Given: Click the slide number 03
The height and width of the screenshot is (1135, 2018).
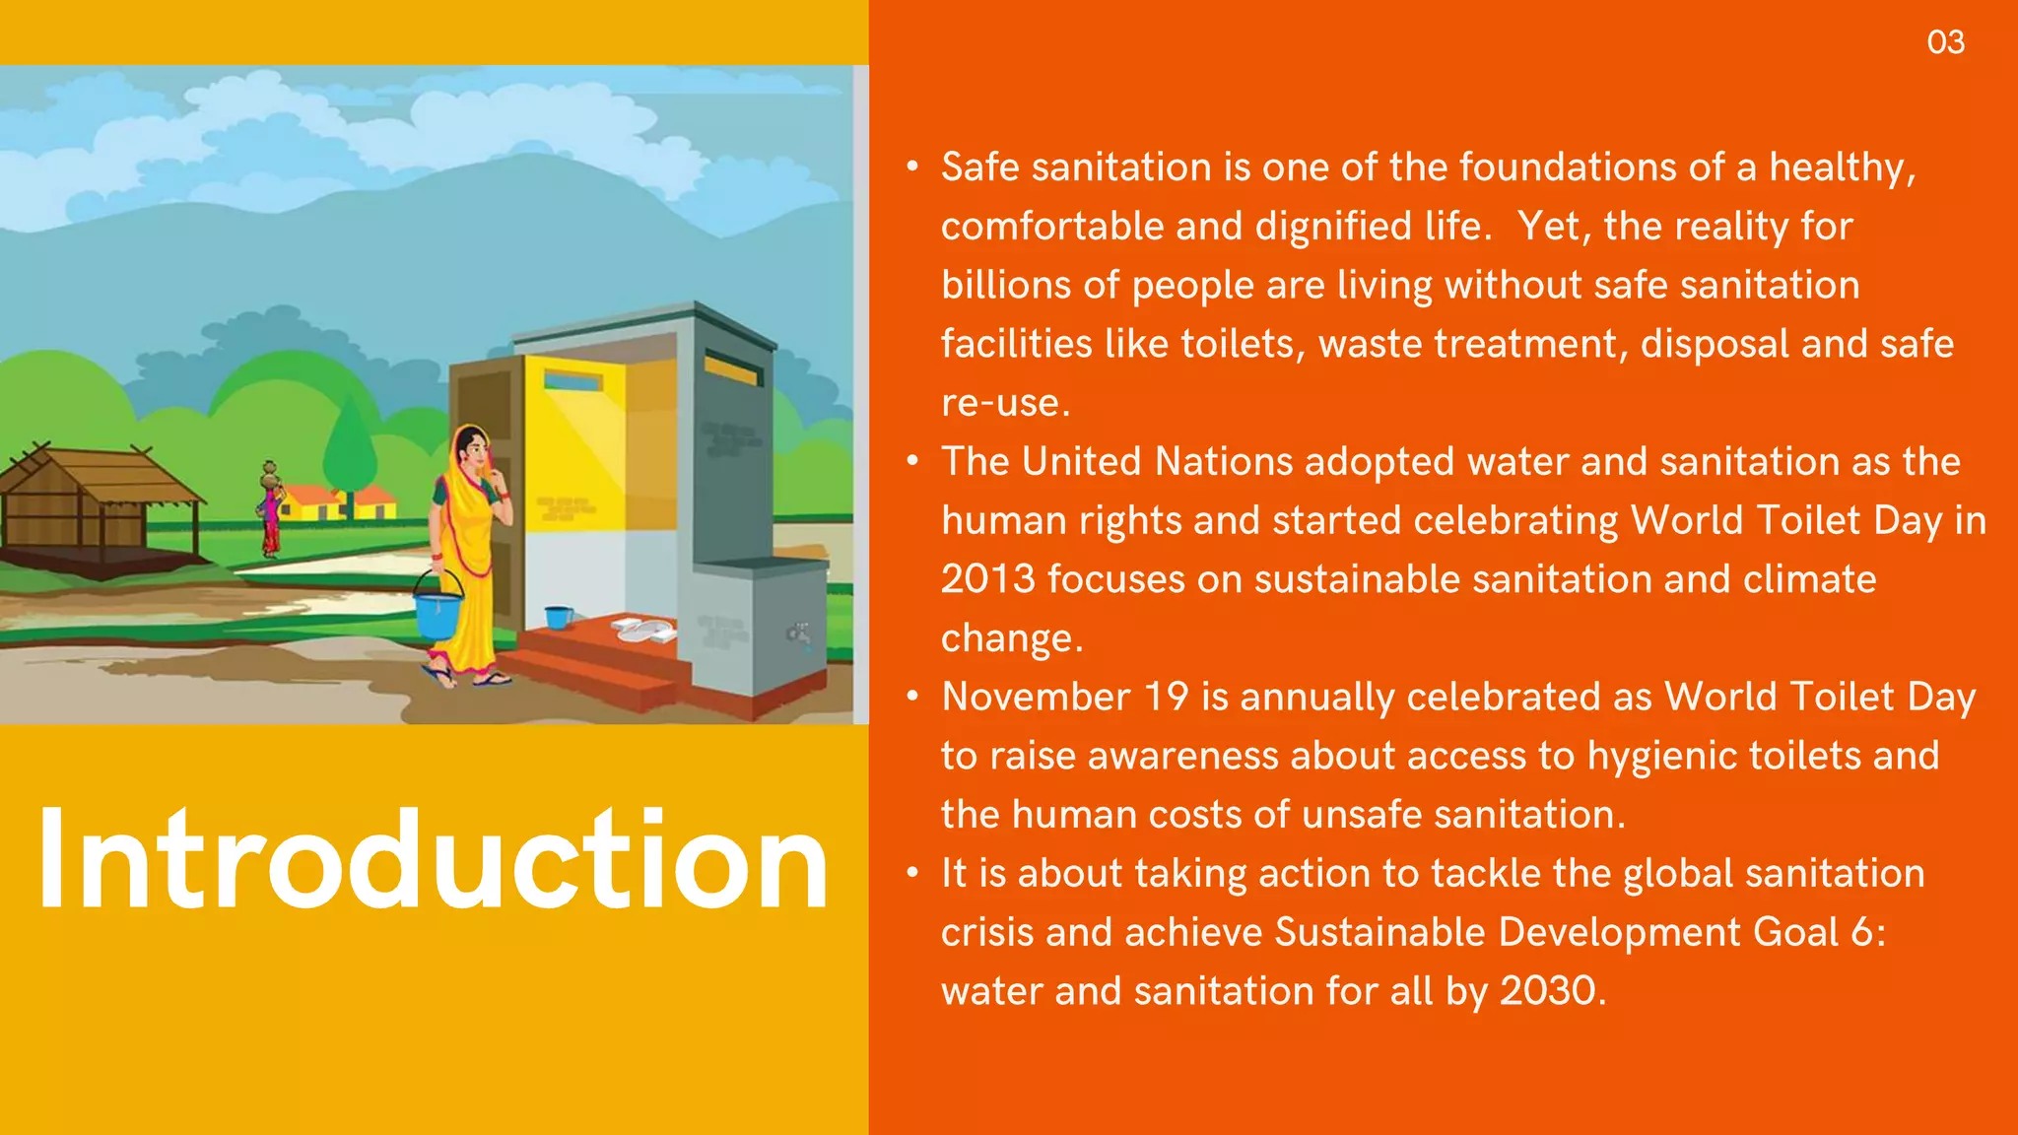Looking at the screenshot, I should click(1945, 42).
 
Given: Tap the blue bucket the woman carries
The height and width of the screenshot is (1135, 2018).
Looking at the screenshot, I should click(437, 610).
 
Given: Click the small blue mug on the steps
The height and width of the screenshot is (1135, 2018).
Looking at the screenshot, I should click(558, 618).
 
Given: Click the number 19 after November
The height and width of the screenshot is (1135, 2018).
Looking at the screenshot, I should click(1166, 697).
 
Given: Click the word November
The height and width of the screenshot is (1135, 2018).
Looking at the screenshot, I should click(1035, 697).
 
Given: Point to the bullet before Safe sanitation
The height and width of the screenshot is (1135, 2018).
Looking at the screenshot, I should click(913, 167).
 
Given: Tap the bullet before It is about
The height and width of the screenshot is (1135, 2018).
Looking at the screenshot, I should click(913, 873).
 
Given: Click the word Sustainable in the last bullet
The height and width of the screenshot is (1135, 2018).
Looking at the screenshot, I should click(1379, 932).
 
